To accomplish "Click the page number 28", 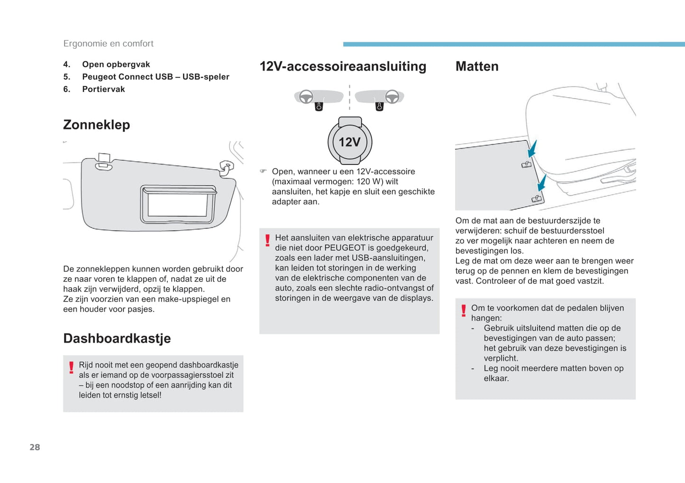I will click(x=35, y=447).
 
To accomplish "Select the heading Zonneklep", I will click(x=96, y=125).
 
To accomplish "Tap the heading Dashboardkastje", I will click(x=117, y=338).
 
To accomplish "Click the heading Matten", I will click(x=476, y=66).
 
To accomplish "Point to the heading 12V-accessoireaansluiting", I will click(x=343, y=66).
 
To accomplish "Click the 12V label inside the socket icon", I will click(x=349, y=142).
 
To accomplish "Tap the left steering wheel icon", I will click(x=306, y=97).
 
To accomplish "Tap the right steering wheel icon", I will click(x=392, y=97).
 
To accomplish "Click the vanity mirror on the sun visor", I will click(x=178, y=205).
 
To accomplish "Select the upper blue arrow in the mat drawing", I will click(x=532, y=149).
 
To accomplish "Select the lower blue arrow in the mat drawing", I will click(x=542, y=182).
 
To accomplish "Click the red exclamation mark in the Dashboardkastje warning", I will click(x=71, y=367).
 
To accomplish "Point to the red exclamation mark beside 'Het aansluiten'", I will click(x=267, y=240).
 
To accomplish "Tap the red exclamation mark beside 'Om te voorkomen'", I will click(x=464, y=310).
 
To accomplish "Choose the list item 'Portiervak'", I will click(x=103, y=89).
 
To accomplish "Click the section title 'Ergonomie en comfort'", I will click(x=108, y=44).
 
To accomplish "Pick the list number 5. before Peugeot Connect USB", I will click(x=67, y=77).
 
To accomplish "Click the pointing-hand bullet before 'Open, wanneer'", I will click(x=264, y=171).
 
